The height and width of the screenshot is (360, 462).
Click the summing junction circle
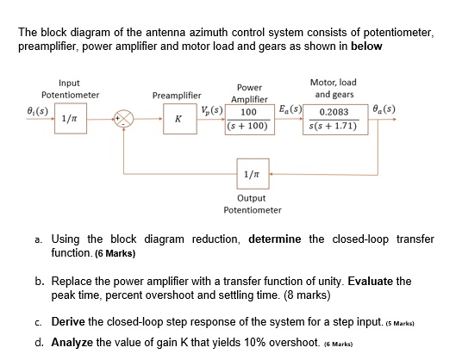(127, 119)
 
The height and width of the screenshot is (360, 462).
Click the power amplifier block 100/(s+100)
(249, 120)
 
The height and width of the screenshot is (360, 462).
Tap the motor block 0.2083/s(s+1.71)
(340, 119)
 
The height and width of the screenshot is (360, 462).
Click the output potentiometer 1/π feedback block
(250, 176)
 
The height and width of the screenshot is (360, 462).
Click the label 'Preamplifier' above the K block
(176, 95)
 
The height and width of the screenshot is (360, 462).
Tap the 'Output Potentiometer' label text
(252, 204)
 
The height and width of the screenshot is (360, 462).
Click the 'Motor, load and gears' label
(335, 88)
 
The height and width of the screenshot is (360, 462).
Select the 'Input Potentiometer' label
(70, 88)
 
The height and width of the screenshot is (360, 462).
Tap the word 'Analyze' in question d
(75, 342)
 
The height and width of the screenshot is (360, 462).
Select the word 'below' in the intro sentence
(365, 46)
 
